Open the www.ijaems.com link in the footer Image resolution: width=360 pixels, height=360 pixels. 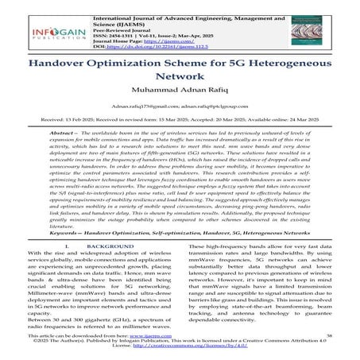click(x=149, y=338)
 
